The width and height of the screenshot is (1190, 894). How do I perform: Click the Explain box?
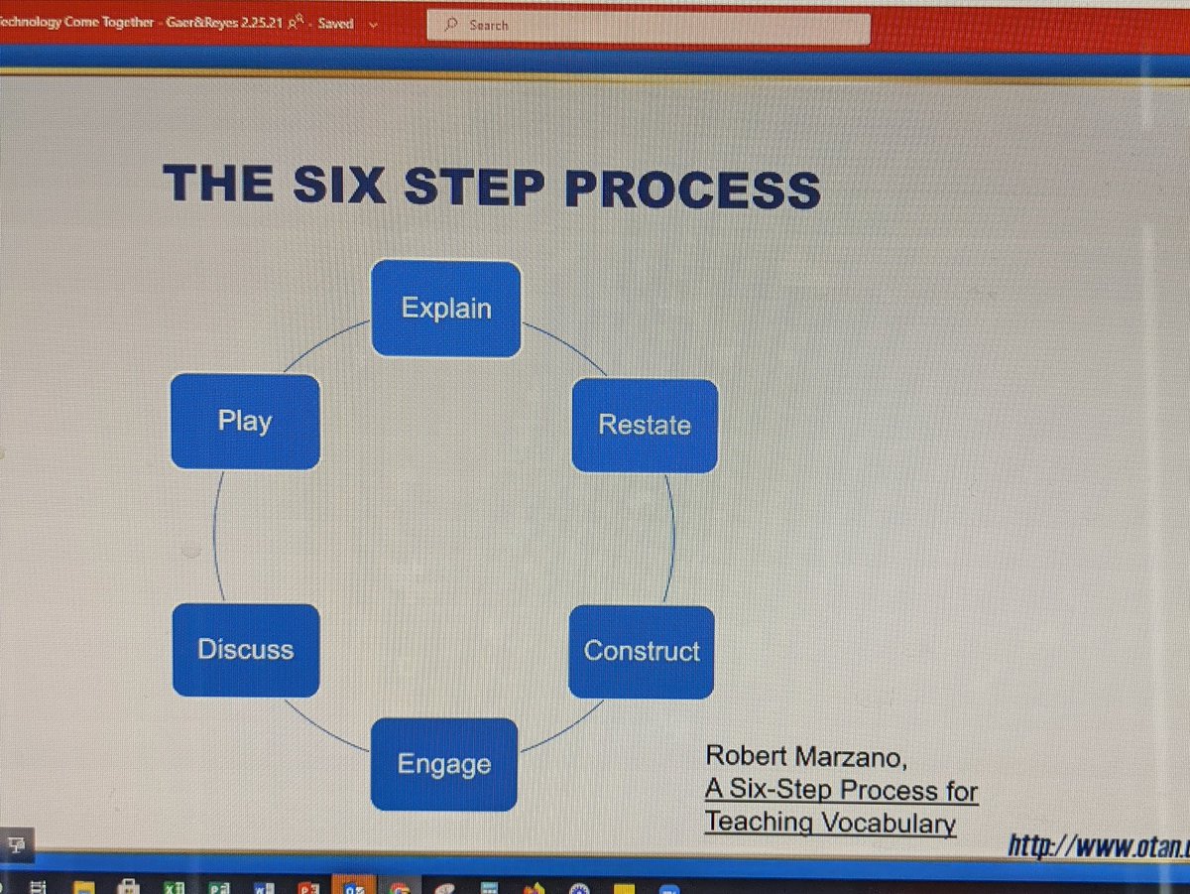click(446, 309)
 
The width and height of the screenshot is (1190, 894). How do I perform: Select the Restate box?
click(645, 426)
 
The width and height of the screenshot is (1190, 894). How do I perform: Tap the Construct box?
click(642, 652)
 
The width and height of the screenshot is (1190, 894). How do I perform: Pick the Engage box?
click(444, 765)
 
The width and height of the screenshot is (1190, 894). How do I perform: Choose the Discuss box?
click(246, 651)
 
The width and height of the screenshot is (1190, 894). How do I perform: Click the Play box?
click(245, 422)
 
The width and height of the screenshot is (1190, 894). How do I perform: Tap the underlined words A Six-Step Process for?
click(841, 791)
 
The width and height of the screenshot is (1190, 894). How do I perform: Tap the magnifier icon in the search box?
click(451, 26)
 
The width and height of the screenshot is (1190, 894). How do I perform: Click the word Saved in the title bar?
click(335, 24)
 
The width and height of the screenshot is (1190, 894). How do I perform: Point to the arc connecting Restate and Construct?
click(673, 540)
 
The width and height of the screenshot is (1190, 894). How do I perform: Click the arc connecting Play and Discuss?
click(214, 537)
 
